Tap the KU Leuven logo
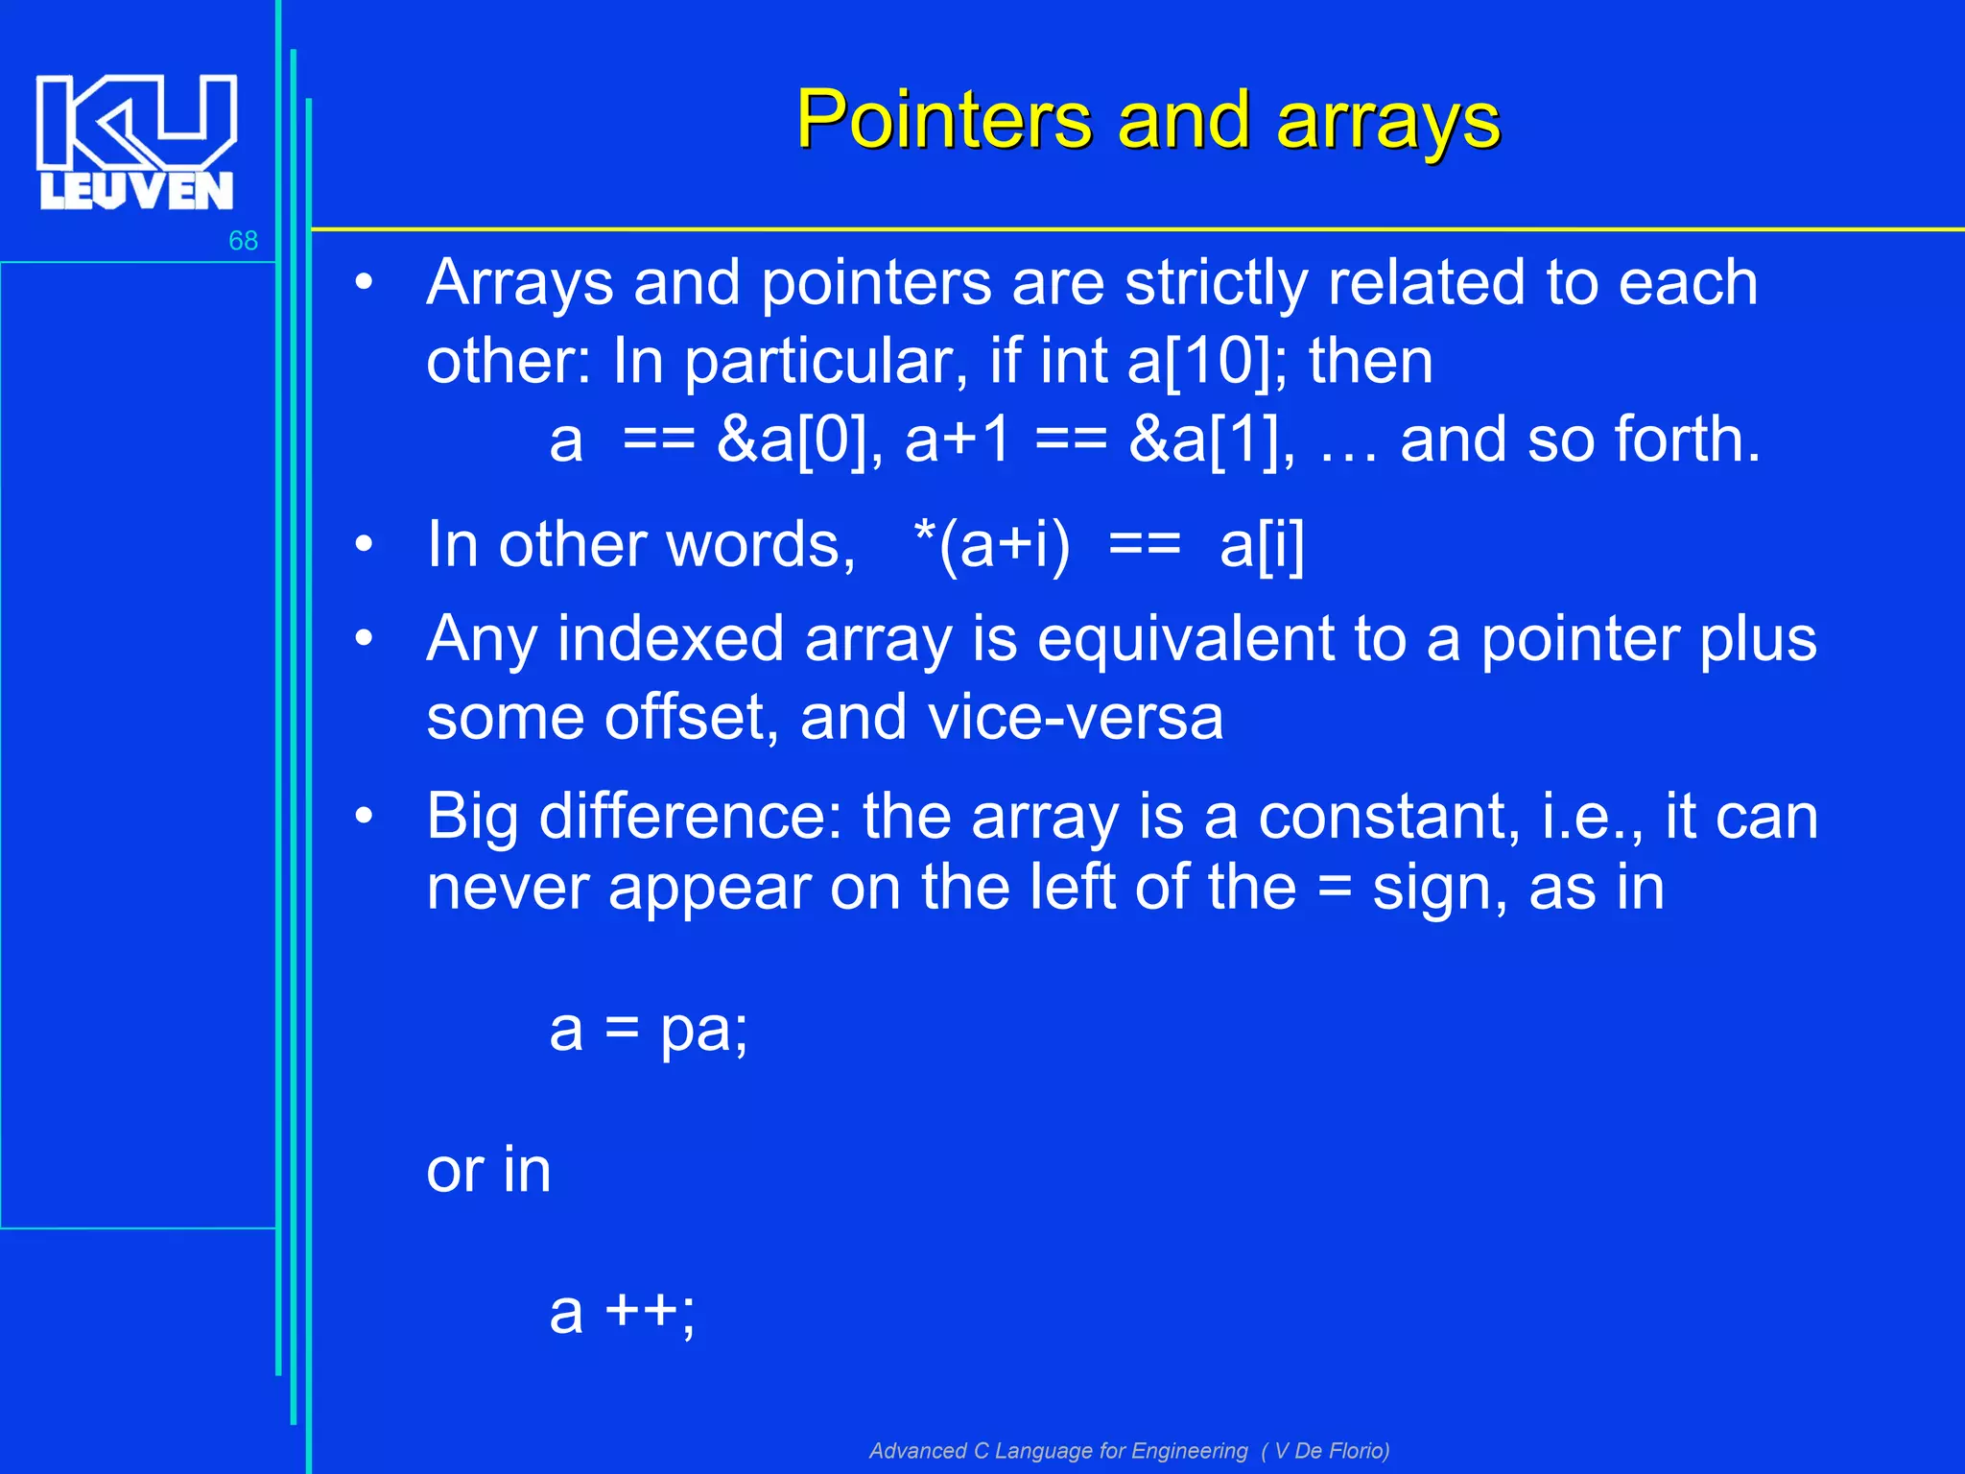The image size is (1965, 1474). [136, 142]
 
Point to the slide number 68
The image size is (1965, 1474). [243, 241]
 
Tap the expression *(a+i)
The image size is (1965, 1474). [992, 546]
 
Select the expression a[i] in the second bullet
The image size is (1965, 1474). [1262, 546]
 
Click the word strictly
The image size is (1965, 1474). [1216, 284]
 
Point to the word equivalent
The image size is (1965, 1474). [1186, 639]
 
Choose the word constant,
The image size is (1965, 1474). [1388, 818]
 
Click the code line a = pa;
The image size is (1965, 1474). [649, 1030]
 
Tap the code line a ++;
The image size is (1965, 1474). [622, 1312]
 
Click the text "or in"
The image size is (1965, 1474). [488, 1171]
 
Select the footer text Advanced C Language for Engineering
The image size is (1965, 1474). [1057, 1451]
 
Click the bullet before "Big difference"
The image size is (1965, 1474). [364, 817]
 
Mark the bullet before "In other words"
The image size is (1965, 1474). [364, 545]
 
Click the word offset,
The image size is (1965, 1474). [692, 718]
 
